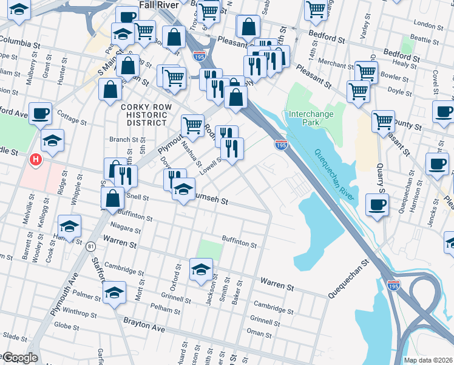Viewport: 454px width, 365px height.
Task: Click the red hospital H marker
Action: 36,160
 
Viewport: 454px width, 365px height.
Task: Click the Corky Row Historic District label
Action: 143,114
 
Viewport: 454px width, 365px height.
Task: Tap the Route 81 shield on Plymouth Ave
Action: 90,246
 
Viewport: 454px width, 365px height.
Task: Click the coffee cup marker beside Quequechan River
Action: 377,204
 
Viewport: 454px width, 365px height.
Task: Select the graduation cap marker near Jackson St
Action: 202,269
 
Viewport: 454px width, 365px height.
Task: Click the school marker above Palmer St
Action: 114,292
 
